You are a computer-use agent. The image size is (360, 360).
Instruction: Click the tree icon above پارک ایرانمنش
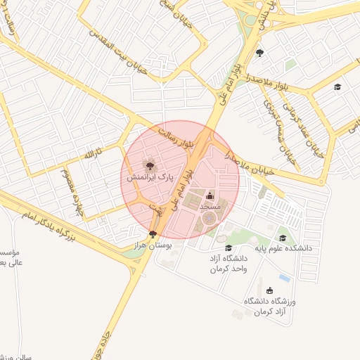149,165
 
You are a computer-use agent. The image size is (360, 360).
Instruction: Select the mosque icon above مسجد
209,195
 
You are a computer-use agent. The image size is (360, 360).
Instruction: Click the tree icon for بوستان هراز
153,234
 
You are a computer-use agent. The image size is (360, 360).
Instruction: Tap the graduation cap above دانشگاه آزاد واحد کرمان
229,247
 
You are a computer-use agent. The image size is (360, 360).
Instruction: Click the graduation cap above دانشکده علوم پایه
283,238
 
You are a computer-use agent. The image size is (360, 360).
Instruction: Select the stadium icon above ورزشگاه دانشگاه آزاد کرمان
270,290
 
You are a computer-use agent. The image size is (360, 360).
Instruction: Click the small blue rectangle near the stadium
284,277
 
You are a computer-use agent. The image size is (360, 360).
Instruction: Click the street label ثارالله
94,153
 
